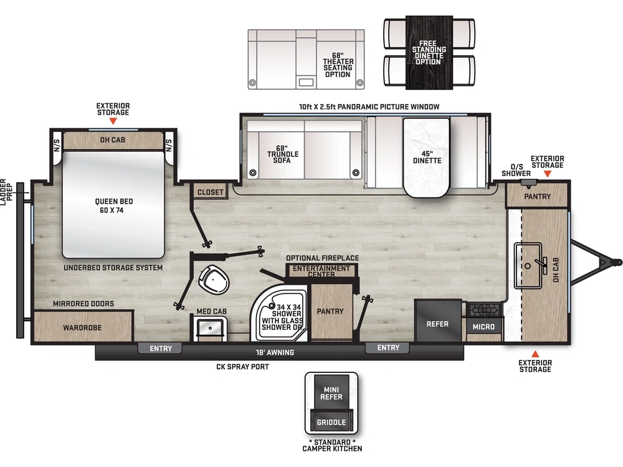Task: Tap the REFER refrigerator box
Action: [438, 321]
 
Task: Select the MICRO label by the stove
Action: [483, 327]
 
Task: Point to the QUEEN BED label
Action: [113, 201]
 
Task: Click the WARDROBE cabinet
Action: [83, 326]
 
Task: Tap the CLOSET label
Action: [210, 192]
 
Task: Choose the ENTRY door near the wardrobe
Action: [161, 348]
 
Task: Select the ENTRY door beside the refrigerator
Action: [388, 348]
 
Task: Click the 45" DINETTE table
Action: [426, 158]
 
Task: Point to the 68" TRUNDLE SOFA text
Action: [282, 154]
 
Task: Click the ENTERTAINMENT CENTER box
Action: [321, 270]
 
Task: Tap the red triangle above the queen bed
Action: [113, 121]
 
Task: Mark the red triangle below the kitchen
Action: [535, 354]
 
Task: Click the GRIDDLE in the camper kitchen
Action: [331, 422]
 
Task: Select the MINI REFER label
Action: [331, 394]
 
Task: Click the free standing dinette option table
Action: [429, 52]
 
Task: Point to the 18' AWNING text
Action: [275, 352]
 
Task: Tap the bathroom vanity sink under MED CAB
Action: [210, 328]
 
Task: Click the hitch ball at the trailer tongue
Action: [617, 262]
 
